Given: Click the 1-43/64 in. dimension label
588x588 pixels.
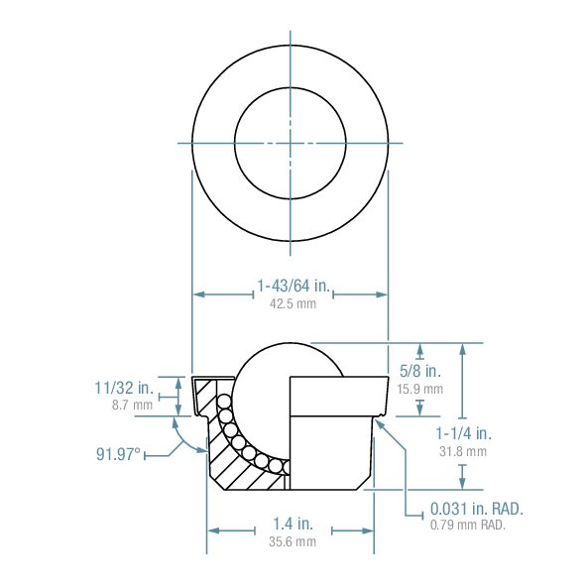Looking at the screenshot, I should click(293, 287).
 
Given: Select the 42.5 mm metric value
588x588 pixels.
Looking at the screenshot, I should click(293, 304).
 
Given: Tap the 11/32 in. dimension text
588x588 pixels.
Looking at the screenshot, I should click(124, 387).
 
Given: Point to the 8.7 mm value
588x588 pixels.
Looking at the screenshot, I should click(132, 405).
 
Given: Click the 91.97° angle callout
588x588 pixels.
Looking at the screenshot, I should click(118, 454).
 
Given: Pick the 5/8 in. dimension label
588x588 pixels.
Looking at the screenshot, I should click(418, 371).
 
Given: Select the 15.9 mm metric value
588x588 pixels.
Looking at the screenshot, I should click(420, 389).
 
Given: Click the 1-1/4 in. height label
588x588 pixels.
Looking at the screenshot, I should click(463, 433).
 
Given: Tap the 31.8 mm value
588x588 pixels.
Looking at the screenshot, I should click(462, 451).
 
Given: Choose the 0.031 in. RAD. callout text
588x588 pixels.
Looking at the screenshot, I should click(476, 509).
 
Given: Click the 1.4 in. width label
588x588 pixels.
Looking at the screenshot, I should click(293, 524).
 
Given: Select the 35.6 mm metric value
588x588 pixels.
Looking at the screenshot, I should click(293, 541).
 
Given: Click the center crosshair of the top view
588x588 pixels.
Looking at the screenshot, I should click(290, 143).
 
